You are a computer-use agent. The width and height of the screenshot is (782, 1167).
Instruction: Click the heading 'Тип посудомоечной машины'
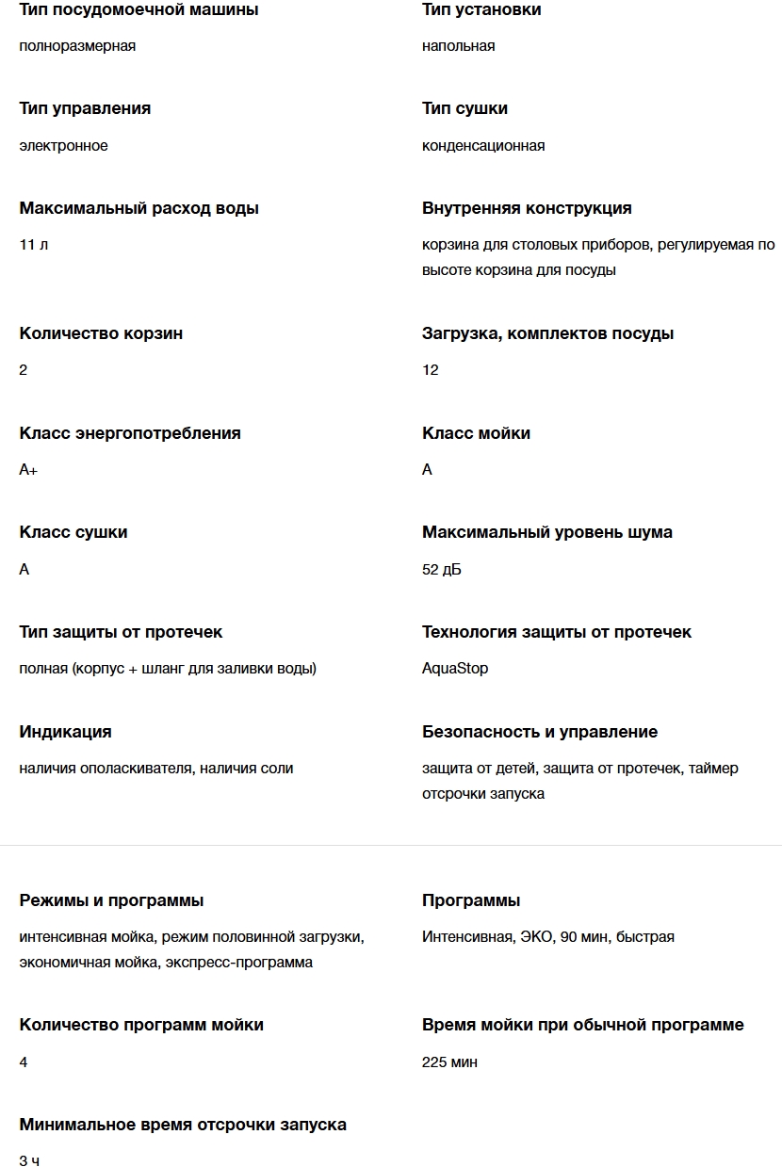(138, 9)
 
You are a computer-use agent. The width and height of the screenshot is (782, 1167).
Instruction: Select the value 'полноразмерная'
(77, 46)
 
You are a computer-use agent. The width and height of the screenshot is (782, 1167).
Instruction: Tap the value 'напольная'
(458, 46)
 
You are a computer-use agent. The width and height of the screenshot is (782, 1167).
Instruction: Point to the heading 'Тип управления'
(85, 108)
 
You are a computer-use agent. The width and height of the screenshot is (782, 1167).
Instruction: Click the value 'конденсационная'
(483, 146)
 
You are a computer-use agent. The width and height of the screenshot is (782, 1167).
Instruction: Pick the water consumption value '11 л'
(34, 245)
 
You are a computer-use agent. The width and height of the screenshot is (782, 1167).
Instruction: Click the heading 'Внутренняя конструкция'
(527, 208)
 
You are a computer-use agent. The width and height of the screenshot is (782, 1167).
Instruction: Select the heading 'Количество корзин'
(101, 333)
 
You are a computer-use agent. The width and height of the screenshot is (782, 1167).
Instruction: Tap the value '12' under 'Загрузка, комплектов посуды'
(431, 370)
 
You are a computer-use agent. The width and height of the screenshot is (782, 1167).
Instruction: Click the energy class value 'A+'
(28, 470)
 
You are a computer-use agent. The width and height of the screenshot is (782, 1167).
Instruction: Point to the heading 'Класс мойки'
(476, 433)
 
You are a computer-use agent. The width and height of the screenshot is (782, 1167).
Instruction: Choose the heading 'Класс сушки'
(73, 532)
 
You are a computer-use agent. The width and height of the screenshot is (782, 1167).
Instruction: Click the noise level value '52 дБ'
(442, 570)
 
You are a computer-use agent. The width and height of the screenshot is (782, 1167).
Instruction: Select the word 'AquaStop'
(455, 669)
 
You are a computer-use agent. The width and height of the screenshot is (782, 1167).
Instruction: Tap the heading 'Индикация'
(65, 732)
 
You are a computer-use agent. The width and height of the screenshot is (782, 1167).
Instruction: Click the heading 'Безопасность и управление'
(540, 732)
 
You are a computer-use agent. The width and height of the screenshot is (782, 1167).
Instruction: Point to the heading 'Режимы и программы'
(111, 900)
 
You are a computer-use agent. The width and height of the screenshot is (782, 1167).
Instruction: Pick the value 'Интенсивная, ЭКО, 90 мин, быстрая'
(548, 937)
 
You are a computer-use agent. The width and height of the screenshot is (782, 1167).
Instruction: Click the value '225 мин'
(449, 1062)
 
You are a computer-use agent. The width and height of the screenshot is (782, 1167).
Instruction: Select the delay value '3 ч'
(29, 1161)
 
